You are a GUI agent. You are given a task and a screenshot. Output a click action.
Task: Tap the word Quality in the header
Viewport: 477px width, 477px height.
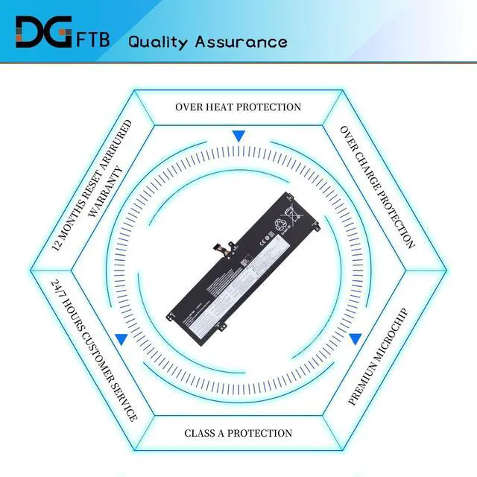(x=158, y=41)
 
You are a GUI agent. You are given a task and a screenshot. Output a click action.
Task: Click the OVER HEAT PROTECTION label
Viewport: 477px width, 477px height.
(x=238, y=107)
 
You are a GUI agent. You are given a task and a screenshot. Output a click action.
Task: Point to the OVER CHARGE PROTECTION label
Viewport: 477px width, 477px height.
(x=377, y=186)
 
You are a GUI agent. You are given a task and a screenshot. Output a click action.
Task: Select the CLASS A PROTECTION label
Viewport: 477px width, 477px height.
(x=238, y=433)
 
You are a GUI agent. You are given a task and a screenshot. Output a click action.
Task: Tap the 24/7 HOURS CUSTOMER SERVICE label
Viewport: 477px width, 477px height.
(x=94, y=350)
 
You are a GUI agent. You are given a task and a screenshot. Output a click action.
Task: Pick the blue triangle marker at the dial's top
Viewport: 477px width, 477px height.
(x=238, y=136)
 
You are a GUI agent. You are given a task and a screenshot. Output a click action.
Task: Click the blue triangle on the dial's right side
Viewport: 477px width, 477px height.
(x=356, y=338)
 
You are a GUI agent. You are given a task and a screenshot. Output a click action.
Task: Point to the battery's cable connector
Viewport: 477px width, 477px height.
(x=221, y=243)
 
